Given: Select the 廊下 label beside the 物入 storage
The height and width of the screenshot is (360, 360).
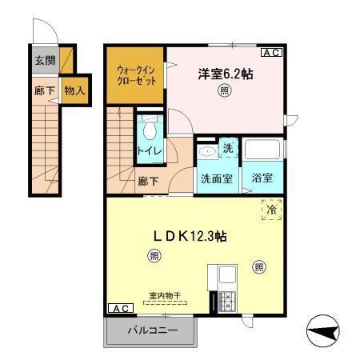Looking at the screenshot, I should click(x=44, y=90).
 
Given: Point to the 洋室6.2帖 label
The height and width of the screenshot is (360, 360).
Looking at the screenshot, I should click(x=226, y=74).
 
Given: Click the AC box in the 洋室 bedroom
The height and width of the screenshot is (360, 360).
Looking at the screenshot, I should click(x=270, y=53).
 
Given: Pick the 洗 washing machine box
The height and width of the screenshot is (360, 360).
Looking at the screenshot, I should click(x=227, y=149).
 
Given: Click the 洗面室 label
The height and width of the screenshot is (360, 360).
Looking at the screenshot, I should click(x=216, y=178).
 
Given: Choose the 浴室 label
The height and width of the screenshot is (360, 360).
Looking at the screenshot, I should click(x=262, y=178).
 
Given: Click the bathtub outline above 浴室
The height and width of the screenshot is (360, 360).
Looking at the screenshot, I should click(x=263, y=150).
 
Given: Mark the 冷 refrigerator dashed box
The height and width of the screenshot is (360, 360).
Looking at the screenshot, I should click(x=270, y=209).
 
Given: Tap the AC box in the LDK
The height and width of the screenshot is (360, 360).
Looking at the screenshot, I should click(x=118, y=308).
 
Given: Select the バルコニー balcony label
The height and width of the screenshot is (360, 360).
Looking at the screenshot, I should click(x=150, y=330).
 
